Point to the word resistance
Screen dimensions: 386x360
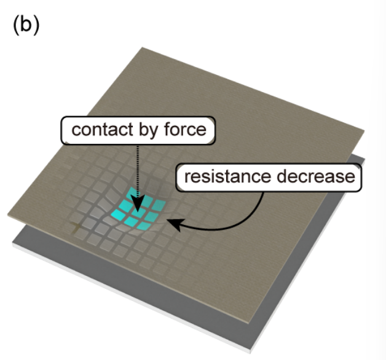point(226,177)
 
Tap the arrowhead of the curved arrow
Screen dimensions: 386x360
point(174,224)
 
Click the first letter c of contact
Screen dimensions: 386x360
point(75,130)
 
